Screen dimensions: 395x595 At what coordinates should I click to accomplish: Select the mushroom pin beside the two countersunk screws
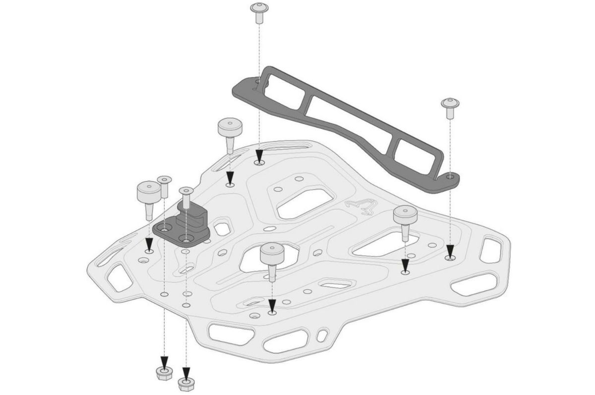[148, 196]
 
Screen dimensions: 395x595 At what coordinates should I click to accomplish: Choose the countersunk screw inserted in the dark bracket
[185, 198]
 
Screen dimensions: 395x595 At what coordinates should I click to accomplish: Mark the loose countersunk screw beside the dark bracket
[164, 186]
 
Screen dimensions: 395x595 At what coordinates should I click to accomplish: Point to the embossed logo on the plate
[359, 205]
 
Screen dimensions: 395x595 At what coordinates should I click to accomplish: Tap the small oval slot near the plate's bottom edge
[323, 335]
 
